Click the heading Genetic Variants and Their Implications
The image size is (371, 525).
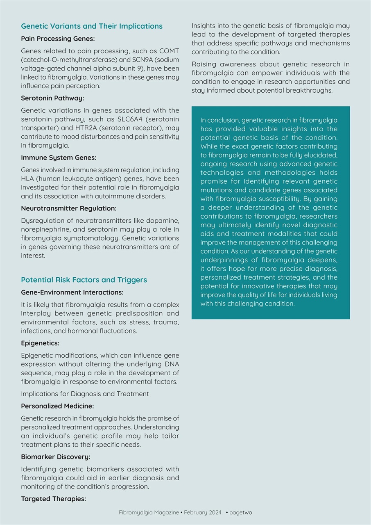pyautogui.click(x=92, y=26)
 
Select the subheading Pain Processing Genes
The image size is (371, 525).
pyautogui.click(x=58, y=39)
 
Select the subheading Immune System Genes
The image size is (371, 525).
pyautogui.click(x=59, y=157)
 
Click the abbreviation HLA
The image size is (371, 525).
pyautogui.click(x=27, y=179)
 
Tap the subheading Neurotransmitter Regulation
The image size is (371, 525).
pyautogui.click(x=69, y=208)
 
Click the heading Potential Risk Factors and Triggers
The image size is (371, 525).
pyautogui.click(x=84, y=280)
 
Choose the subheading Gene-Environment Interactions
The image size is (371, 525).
pyautogui.click(x=72, y=292)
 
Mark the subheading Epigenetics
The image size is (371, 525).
pyautogui.click(x=40, y=343)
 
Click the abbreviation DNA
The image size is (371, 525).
pyautogui.click(x=171, y=364)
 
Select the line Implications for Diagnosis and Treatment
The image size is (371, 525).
pyautogui.click(x=85, y=394)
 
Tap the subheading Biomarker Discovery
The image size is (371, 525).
pyautogui.click(x=56, y=457)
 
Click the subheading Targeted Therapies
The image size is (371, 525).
pyautogui.click(x=54, y=499)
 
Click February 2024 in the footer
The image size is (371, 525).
pyautogui.click(x=203, y=513)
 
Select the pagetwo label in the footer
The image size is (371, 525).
pyautogui.click(x=241, y=513)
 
